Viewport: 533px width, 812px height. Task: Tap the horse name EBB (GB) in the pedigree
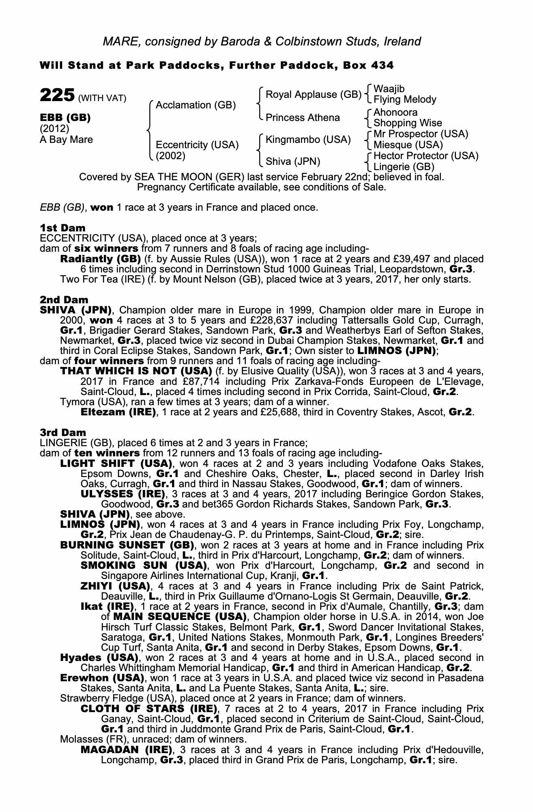[x=65, y=118]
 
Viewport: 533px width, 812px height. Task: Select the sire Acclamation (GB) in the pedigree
[x=196, y=105]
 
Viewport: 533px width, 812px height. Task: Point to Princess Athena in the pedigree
[x=303, y=118]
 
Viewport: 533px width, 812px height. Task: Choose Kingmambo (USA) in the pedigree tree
[x=308, y=140]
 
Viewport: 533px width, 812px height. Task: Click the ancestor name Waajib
[x=389, y=89]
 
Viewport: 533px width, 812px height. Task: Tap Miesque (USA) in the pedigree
[x=408, y=145]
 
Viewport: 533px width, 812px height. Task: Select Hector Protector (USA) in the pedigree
[x=426, y=156]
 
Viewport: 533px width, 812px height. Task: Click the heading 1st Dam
[x=62, y=228]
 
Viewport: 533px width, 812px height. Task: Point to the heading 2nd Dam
[x=64, y=300]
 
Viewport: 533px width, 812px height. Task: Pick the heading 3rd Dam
[x=63, y=433]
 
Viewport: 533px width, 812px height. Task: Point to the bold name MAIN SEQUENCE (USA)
[x=180, y=617]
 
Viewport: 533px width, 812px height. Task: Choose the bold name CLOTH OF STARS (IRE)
[x=148, y=709]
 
